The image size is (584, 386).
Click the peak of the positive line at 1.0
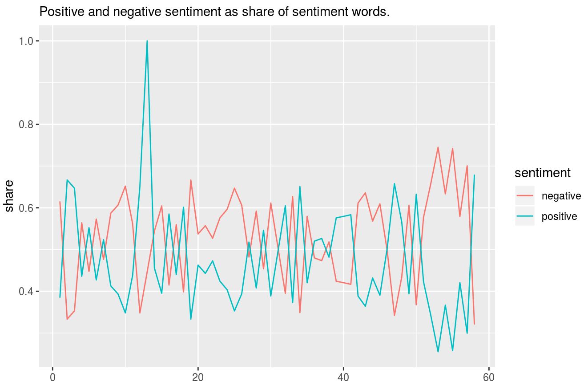click(x=147, y=41)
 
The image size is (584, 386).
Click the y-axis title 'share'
click(x=9, y=195)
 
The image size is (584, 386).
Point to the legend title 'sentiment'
click(x=542, y=173)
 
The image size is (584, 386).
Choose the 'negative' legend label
click(x=561, y=196)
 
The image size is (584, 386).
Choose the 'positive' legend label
click(x=559, y=216)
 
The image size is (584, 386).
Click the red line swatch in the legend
click(x=524, y=196)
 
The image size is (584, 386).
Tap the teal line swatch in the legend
click(x=524, y=216)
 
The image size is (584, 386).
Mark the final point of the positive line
click(x=475, y=175)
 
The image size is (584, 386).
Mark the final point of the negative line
click(x=475, y=324)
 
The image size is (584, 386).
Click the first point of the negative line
click(x=60, y=202)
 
